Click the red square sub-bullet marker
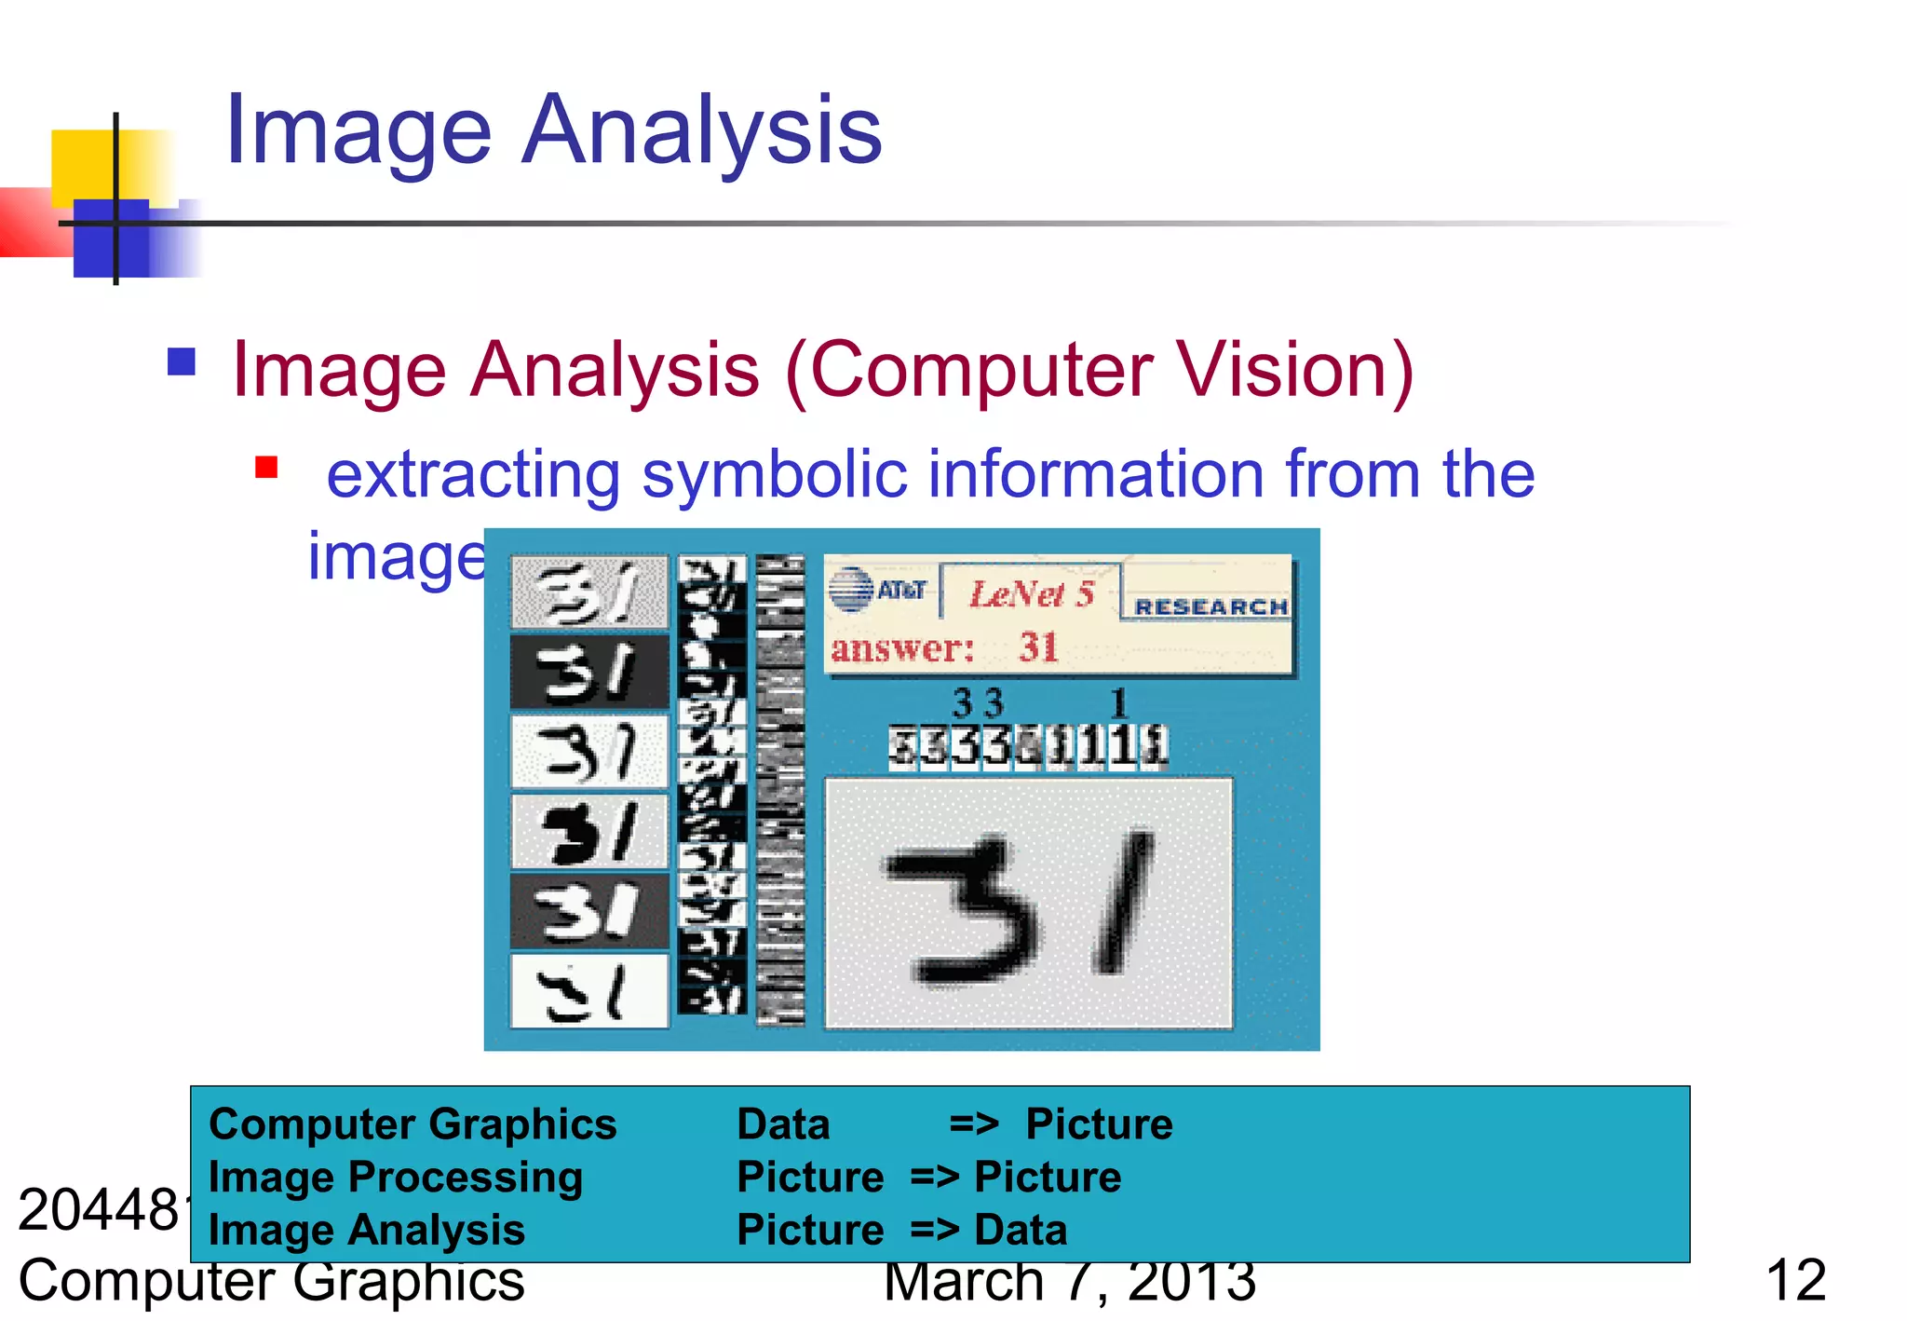coord(266,467)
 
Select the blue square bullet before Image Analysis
coord(182,361)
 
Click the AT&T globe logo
coord(850,590)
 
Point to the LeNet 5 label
coord(1031,593)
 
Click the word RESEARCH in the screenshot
coord(1210,607)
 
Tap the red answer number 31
coord(1038,647)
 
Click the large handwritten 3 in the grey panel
coord(964,908)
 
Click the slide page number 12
coord(1795,1281)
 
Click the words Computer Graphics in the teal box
coord(413,1124)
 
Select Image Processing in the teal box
coord(396,1178)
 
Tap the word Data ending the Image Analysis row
coord(1021,1231)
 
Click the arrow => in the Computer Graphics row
coord(974,1124)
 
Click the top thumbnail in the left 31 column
coord(589,592)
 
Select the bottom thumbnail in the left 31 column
coord(589,991)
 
